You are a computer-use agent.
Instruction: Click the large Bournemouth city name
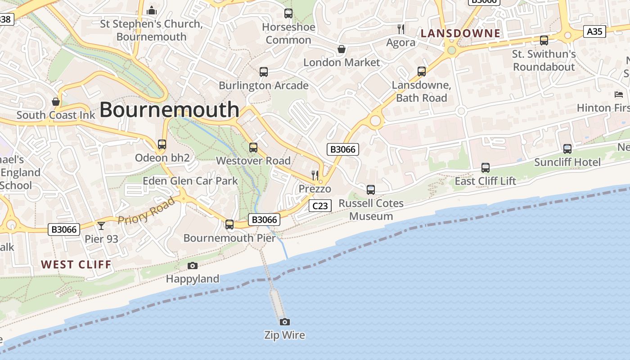tap(169, 110)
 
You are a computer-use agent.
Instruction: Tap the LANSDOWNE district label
tap(460, 33)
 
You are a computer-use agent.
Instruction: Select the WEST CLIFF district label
tap(76, 265)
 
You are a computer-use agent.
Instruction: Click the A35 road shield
tap(594, 31)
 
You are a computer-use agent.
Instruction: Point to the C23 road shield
tap(320, 206)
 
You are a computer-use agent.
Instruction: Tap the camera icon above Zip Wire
tap(284, 322)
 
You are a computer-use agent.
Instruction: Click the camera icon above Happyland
tap(193, 265)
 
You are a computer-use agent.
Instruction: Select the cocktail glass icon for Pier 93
tap(101, 225)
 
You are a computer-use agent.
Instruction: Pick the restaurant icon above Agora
tap(401, 29)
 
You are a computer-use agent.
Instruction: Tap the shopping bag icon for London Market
tap(342, 49)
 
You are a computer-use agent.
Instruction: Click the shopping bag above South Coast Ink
tap(56, 102)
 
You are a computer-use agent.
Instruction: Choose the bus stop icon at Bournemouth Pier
tap(229, 224)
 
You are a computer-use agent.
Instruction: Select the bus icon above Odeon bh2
tap(162, 144)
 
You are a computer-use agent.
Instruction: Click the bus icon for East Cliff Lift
tap(486, 168)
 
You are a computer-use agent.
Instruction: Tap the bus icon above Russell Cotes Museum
tap(371, 190)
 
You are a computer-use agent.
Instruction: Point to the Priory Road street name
tap(146, 210)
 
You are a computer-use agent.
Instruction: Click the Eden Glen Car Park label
tap(190, 181)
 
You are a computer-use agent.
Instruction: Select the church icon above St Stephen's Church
tap(152, 10)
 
